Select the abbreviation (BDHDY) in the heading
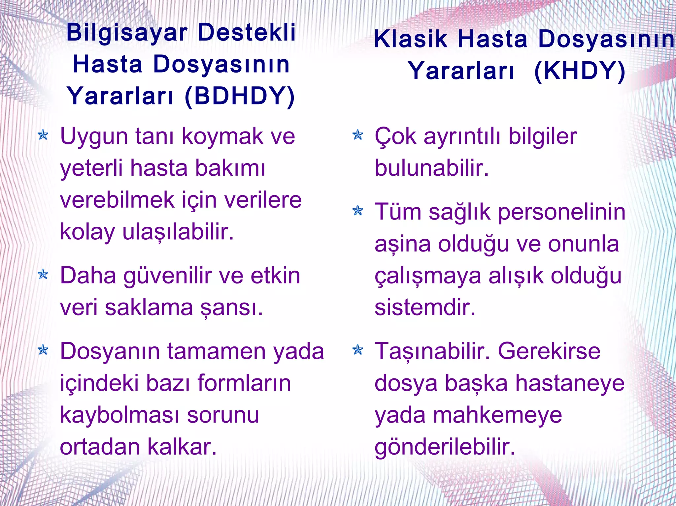[x=240, y=96]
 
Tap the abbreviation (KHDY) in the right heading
[x=580, y=71]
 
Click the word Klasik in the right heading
[x=411, y=40]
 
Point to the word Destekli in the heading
[x=247, y=33]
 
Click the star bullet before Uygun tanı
[x=43, y=135]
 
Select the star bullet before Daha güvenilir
[x=43, y=274]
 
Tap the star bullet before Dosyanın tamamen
[x=43, y=350]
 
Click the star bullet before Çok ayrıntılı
[x=357, y=135]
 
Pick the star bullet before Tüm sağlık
[x=357, y=210]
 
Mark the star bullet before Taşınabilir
[x=357, y=350]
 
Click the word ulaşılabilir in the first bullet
[x=178, y=232]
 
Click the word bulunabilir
[x=431, y=168]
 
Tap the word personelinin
[x=561, y=212]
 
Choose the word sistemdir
[x=425, y=307]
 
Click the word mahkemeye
[x=497, y=415]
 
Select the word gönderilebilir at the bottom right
[x=445, y=447]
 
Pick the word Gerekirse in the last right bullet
[x=549, y=351]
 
